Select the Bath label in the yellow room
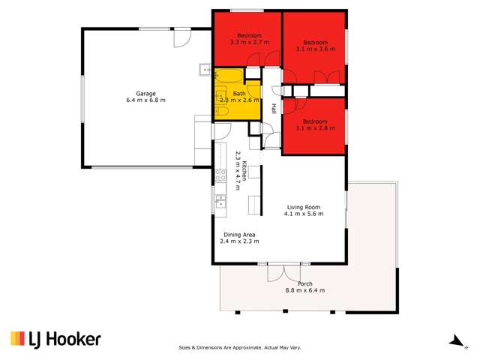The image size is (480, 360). pyautogui.click(x=238, y=93)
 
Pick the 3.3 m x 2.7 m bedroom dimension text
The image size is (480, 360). pyautogui.click(x=249, y=43)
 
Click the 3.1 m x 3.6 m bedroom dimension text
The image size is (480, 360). pyautogui.click(x=316, y=49)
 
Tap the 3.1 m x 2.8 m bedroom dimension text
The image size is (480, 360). pyautogui.click(x=316, y=127)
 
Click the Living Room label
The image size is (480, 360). pyautogui.click(x=303, y=207)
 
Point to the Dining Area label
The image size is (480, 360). pyautogui.click(x=239, y=235)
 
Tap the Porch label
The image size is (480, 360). pyautogui.click(x=305, y=283)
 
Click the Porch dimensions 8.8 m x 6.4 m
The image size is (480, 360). pyautogui.click(x=305, y=290)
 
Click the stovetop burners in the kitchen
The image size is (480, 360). pyautogui.click(x=220, y=176)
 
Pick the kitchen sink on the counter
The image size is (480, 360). pyautogui.click(x=220, y=200)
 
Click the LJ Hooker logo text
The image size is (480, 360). pyautogui.click(x=55, y=339)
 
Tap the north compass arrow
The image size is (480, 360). pyautogui.click(x=454, y=340)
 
